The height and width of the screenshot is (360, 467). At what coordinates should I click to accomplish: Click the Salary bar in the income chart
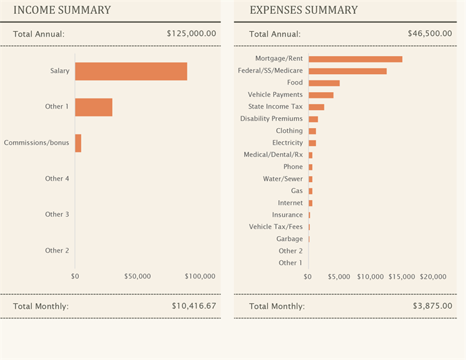[131, 71]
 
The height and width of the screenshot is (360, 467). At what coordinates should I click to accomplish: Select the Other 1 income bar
[93, 107]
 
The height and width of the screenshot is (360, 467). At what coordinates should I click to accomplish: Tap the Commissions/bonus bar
[78, 143]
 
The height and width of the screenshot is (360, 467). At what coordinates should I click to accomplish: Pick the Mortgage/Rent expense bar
[355, 59]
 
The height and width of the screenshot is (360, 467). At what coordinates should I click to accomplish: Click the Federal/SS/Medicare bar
[347, 71]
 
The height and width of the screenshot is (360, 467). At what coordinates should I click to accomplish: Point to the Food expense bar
[324, 83]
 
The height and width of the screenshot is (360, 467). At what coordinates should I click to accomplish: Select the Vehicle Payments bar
[321, 95]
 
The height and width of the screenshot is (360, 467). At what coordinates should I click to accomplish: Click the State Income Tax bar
[316, 107]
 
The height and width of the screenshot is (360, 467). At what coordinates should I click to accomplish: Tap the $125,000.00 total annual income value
[192, 33]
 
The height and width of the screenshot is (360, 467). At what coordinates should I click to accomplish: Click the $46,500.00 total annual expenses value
[430, 33]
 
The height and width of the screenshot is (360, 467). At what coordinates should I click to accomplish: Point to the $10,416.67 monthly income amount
[194, 305]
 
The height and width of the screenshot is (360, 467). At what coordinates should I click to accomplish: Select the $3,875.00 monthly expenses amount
[432, 305]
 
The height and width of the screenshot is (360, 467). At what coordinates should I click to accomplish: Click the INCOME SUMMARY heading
[62, 10]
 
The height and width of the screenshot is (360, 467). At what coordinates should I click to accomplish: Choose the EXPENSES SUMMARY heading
[304, 10]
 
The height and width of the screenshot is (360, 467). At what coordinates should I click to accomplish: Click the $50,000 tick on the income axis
[138, 276]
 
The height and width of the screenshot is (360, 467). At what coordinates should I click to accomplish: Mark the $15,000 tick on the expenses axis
[401, 276]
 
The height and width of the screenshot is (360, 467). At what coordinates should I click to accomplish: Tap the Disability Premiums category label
[271, 119]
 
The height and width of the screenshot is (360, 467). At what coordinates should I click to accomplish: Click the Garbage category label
[289, 239]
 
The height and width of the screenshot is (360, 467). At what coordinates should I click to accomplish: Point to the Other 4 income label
[57, 179]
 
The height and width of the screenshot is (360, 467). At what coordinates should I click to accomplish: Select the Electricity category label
[287, 143]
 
